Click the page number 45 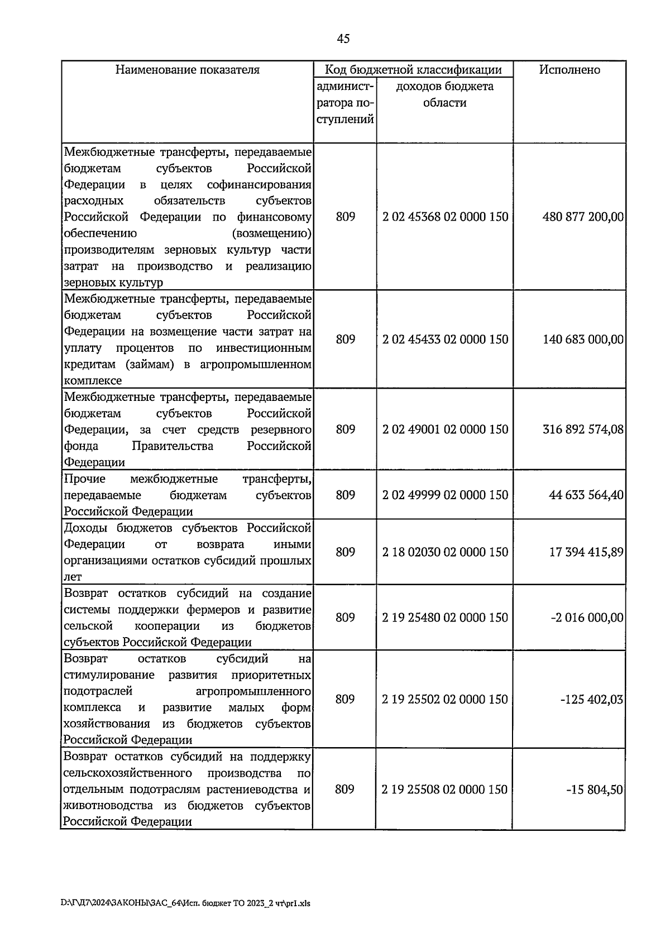[343, 39]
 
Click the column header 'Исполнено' [569, 70]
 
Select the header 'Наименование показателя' [188, 70]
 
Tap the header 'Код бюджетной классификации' [413, 70]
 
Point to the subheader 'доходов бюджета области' [445, 94]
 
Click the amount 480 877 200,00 [583, 217]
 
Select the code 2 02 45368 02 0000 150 [446, 217]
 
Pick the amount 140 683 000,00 [583, 339]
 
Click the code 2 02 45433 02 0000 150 [446, 339]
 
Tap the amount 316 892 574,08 [583, 429]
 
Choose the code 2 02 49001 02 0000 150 [446, 429]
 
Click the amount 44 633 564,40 [586, 495]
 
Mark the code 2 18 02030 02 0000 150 [446, 552]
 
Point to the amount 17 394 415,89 [586, 552]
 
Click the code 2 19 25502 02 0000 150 [446, 700]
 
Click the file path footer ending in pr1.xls [185, 903]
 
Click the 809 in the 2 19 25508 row [345, 790]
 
